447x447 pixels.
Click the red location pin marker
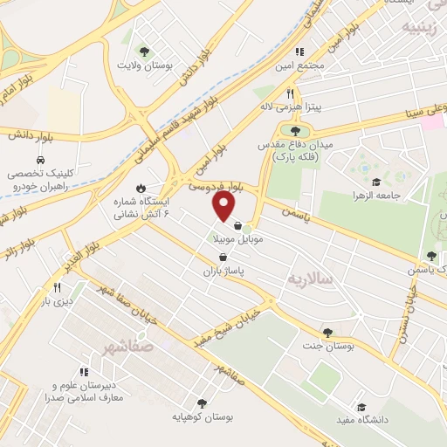[x=224, y=206]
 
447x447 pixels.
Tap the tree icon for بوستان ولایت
[x=145, y=52]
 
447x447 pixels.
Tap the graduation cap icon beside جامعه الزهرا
[x=375, y=182]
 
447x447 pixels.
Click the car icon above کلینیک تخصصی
[x=40, y=161]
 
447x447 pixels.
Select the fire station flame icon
[x=141, y=187]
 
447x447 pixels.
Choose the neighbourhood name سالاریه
[x=310, y=279]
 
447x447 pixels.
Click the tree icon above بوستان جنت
[x=327, y=333]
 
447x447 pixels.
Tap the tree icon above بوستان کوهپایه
[x=203, y=404]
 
